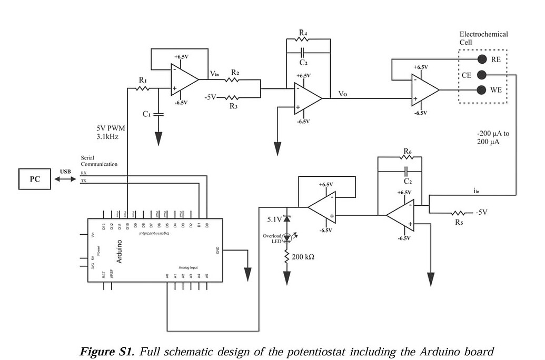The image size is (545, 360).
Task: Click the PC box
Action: pos(35,179)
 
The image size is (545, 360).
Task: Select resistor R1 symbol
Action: pos(143,88)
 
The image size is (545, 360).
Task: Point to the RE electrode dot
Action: pos(481,59)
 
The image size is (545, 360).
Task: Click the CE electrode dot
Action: pos(481,74)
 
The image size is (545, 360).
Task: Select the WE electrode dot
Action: pos(481,89)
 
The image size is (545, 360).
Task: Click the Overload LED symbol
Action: pos(287,238)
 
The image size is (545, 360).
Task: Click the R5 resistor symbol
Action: pos(458,213)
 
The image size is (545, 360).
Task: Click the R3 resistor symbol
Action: pos(233,97)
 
